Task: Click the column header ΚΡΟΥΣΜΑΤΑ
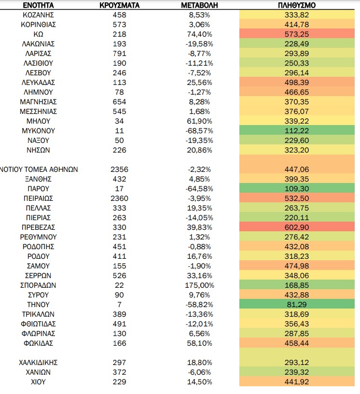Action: pos(119,5)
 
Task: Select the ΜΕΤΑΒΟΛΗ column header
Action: pos(199,5)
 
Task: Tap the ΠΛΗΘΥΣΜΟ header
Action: pos(297,5)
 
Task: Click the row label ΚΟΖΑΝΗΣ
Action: pos(38,15)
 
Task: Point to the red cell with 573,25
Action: pos(297,34)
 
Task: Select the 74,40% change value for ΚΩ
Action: pos(199,34)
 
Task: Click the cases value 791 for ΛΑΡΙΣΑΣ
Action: pos(119,54)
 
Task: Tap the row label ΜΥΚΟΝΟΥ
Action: pos(38,131)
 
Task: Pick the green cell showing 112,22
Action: pos(297,130)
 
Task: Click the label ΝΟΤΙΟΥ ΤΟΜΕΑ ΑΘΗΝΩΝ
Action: pos(39,169)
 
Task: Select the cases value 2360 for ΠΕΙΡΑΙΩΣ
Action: pos(119,198)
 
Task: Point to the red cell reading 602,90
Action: pos(297,227)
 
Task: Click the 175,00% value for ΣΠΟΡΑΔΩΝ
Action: pos(199,285)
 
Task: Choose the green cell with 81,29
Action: pos(297,304)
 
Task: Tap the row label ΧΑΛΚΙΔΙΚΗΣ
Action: pos(38,362)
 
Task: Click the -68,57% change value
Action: pos(199,131)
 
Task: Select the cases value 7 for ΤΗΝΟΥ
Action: pos(119,305)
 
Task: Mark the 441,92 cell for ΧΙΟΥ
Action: pos(297,381)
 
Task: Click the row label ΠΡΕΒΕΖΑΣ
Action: pos(38,227)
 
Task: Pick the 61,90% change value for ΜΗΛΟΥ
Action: pos(199,121)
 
